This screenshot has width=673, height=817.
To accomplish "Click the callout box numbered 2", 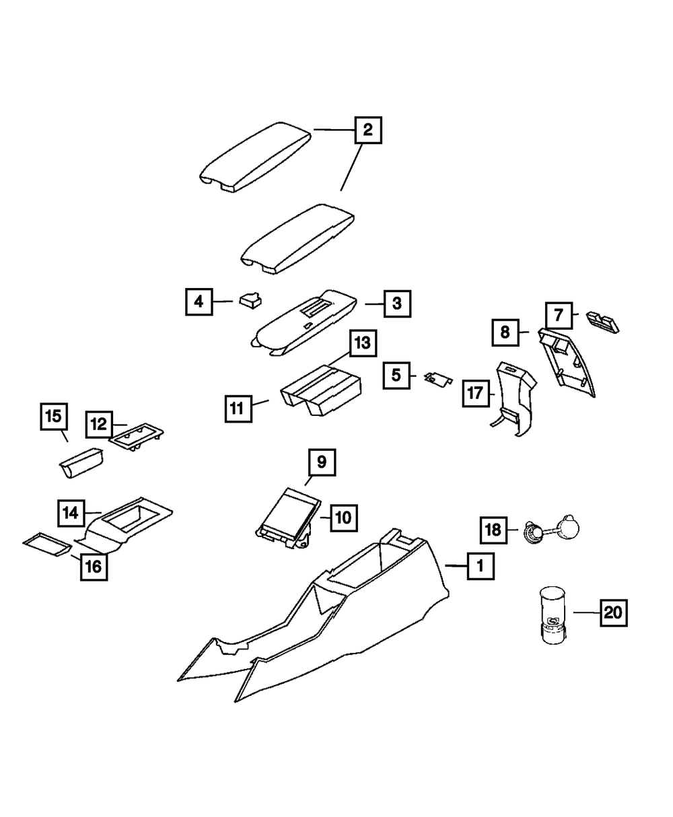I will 368,129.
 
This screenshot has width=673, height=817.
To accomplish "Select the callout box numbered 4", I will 199,302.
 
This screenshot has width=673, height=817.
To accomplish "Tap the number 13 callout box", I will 362,343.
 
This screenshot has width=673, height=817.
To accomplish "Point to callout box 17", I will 475,393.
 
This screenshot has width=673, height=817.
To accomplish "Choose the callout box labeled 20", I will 612,612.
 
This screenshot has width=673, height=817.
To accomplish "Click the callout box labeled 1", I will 480,567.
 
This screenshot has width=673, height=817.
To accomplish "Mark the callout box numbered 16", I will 93,567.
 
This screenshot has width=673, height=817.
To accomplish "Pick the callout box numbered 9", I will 322,462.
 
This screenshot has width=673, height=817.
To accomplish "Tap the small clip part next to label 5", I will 437,380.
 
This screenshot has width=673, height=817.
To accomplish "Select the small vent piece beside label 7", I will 603,320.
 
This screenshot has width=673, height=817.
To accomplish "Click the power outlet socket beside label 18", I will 534,534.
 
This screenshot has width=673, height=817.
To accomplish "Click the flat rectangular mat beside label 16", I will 46,544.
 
